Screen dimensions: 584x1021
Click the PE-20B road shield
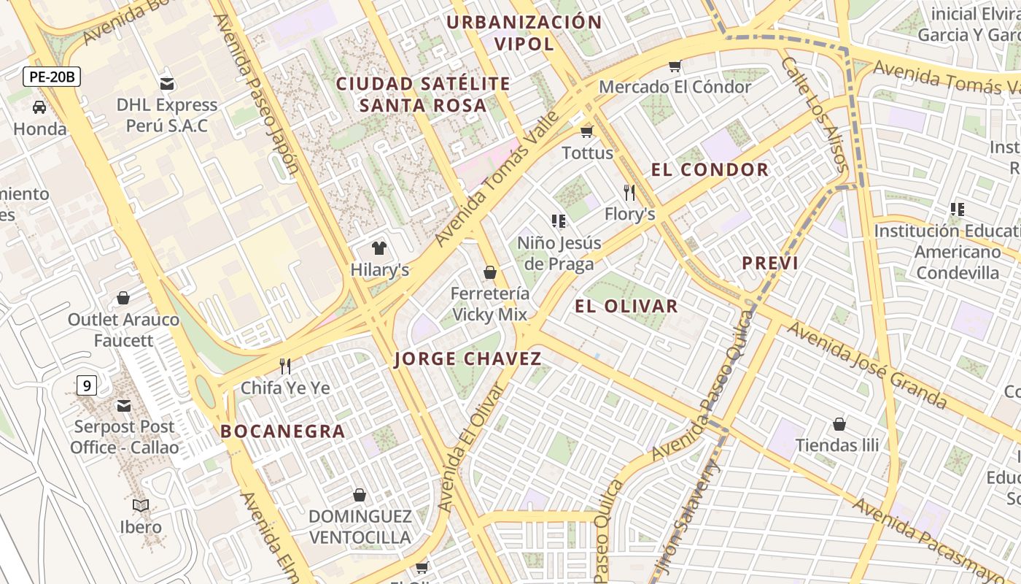pyautogui.click(x=51, y=77)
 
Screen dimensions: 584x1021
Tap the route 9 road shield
pyautogui.click(x=86, y=385)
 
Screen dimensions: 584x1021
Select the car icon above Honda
pyautogui.click(x=39, y=107)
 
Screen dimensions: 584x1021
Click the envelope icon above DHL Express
pyautogui.click(x=167, y=83)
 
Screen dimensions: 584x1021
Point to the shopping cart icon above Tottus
pyautogui.click(x=586, y=131)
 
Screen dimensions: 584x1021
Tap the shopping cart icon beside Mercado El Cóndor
pyautogui.click(x=675, y=66)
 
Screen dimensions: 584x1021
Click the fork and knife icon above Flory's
pyautogui.click(x=629, y=193)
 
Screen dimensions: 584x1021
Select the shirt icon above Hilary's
pyautogui.click(x=379, y=248)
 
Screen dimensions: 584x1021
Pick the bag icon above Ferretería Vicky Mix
pyautogui.click(x=490, y=272)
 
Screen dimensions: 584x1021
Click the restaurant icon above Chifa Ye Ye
pyautogui.click(x=285, y=366)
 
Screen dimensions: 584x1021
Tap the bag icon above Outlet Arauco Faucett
pyautogui.click(x=123, y=298)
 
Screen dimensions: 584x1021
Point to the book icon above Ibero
pyautogui.click(x=141, y=505)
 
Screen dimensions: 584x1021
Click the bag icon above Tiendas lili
pyautogui.click(x=839, y=423)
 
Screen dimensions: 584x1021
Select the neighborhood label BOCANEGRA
pyautogui.click(x=283, y=431)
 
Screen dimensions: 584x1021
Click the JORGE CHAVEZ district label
pyautogui.click(x=468, y=359)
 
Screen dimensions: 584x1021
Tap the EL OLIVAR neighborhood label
pyautogui.click(x=626, y=307)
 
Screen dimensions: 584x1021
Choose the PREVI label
pyautogui.click(x=770, y=264)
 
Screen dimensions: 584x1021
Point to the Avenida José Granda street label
pyautogui.click(x=867, y=365)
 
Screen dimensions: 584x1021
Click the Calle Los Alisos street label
pyautogui.click(x=815, y=115)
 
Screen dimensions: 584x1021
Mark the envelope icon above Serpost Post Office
pyautogui.click(x=124, y=405)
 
